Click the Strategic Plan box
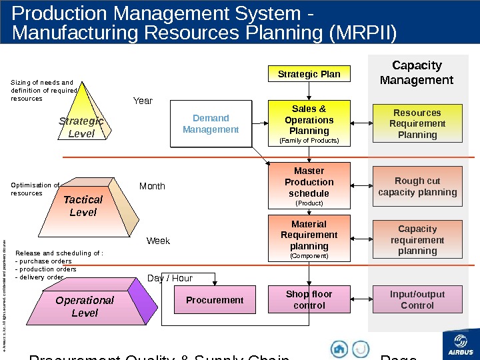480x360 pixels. (309, 74)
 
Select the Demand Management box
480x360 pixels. (211, 124)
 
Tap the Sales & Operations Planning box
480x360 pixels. (309, 123)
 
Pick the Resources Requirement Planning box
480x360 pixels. (417, 123)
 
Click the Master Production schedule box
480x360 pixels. (309, 186)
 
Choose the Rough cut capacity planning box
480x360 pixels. (417, 187)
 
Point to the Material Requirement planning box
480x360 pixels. (309, 238)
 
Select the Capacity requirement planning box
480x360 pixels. (417, 240)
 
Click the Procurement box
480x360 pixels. (215, 300)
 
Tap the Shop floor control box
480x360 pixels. (309, 300)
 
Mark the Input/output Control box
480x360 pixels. (417, 300)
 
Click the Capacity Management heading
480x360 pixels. (417, 73)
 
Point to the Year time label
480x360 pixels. (143, 101)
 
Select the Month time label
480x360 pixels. (152, 187)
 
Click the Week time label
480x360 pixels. (158, 241)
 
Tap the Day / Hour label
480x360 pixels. (170, 278)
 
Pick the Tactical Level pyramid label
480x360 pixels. (83, 206)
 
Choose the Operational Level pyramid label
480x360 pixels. (85, 307)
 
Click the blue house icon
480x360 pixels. (339, 349)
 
